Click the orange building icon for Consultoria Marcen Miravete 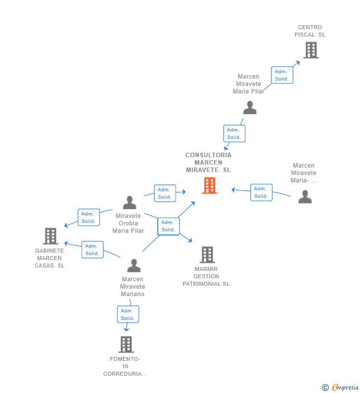click(210, 185)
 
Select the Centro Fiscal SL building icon click(311, 50)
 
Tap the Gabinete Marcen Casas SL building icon click(50, 236)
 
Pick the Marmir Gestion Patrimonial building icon click(207, 255)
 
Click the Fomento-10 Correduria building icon click(126, 345)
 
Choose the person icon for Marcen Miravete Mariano click(134, 265)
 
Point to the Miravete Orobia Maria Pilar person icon click(130, 203)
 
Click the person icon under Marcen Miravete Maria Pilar click(250, 108)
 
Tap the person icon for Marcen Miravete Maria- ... click(305, 197)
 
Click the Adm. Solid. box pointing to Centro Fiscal click(282, 75)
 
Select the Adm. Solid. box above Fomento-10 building click(128, 314)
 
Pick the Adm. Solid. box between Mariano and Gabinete click(92, 250)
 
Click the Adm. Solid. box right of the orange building click(261, 192)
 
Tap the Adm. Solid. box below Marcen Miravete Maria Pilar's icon click(234, 133)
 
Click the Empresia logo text click(345, 387)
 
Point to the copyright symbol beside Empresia click(325, 388)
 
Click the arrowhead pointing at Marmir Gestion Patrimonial click(190, 240)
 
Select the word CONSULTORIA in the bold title click(208, 155)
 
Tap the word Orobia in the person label click(128, 223)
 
